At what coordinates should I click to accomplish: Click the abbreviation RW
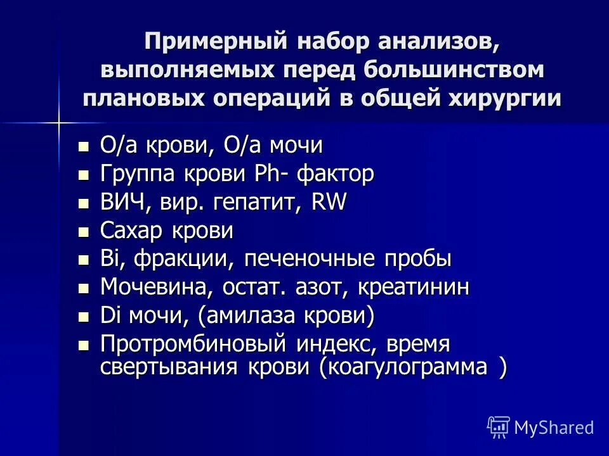click(x=329, y=202)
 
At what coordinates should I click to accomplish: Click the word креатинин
click(x=414, y=288)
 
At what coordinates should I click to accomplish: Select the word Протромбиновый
click(x=194, y=345)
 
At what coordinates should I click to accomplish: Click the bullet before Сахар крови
click(x=82, y=232)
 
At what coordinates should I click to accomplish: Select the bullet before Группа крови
click(x=82, y=175)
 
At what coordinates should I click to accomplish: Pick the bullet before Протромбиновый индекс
click(x=82, y=346)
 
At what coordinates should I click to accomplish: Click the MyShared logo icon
click(x=498, y=427)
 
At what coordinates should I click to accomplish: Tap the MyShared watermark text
click(x=554, y=427)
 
